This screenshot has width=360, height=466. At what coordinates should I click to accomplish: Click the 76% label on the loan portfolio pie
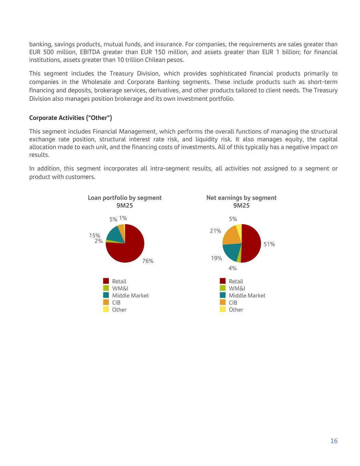pos(148,261)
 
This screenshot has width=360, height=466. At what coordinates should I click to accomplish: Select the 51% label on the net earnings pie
pos(269,244)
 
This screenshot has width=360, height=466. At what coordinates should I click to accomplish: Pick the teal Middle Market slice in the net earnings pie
pos(231,252)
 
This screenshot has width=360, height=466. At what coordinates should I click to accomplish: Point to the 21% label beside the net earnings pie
pos(215,231)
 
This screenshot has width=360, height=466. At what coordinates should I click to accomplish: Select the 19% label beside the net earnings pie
pos(216,258)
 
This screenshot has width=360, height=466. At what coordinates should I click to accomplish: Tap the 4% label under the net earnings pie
pos(232,269)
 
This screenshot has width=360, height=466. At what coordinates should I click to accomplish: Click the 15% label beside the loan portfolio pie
pos(95,236)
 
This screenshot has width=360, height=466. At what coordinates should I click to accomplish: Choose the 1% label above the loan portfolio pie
pos(123,218)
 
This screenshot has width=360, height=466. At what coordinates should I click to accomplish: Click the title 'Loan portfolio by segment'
pos(125,198)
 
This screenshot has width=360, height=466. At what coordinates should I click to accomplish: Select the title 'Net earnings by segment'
pos(241,198)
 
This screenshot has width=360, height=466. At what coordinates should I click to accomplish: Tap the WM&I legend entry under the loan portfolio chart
pos(120,288)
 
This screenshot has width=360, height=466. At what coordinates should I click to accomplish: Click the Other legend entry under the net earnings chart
pos(236,310)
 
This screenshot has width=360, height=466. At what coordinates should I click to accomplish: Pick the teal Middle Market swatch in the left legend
pos(106,295)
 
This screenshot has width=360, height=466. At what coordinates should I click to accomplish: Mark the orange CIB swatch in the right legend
pos(223,302)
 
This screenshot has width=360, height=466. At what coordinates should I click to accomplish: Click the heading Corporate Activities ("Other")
pos(71,118)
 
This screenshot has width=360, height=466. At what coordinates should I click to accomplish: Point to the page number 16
pos(334,441)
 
